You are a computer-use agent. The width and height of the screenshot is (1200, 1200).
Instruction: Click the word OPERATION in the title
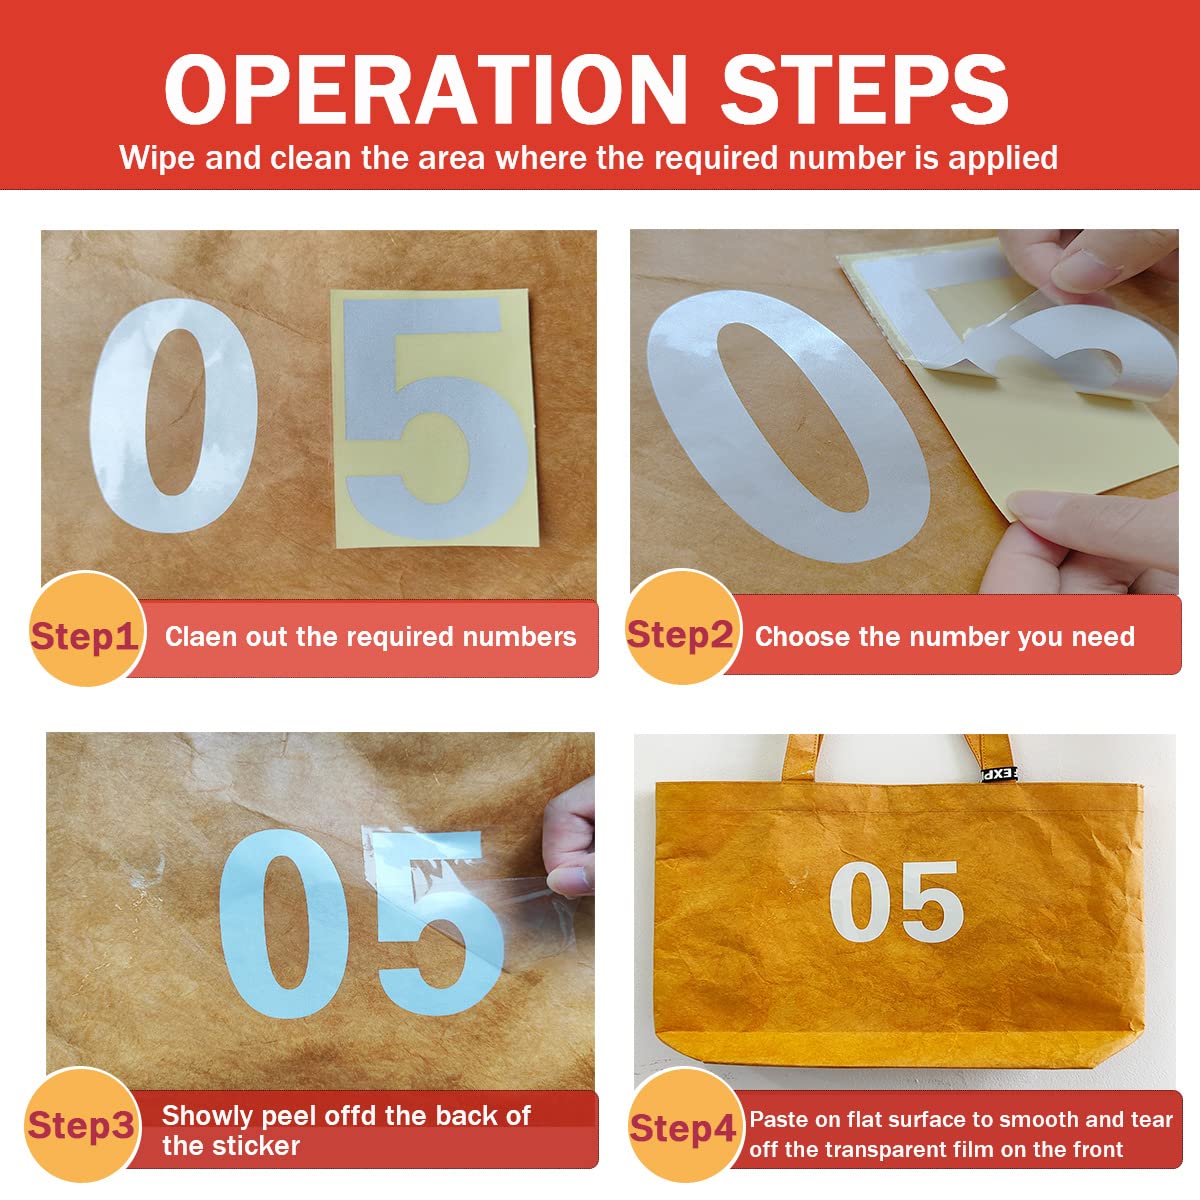click(x=425, y=90)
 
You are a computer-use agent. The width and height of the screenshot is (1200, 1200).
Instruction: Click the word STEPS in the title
click(x=864, y=90)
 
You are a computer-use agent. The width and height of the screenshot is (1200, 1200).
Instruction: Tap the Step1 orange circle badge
click(x=87, y=628)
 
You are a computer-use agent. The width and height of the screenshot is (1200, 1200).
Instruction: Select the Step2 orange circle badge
click(x=683, y=627)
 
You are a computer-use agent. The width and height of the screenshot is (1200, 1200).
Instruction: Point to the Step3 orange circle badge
click(x=83, y=1125)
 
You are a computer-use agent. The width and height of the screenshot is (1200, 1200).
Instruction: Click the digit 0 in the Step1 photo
click(x=174, y=415)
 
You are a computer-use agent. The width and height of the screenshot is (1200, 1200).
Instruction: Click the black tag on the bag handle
click(x=999, y=774)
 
